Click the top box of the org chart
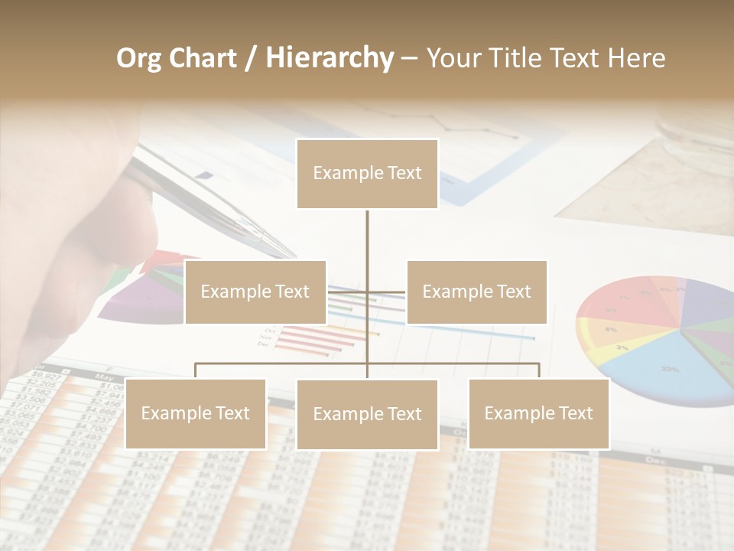click(x=367, y=174)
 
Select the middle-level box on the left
click(x=255, y=292)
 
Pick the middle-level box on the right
click(x=476, y=292)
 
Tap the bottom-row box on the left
click(x=196, y=413)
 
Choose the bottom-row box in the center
click(x=367, y=414)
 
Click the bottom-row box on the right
click(x=538, y=413)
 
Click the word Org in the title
click(x=138, y=58)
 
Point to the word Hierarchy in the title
click(x=330, y=58)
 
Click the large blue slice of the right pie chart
click(x=665, y=367)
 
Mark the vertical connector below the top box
click(x=367, y=237)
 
